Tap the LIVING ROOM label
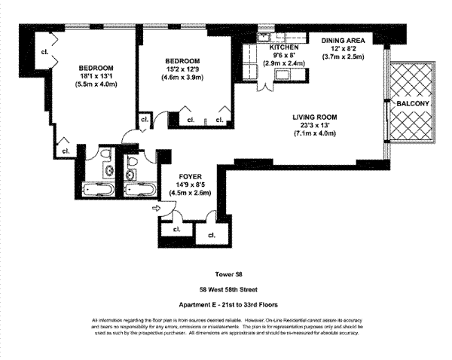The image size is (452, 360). [x=315, y=117]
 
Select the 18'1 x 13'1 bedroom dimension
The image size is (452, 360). [x=96, y=76]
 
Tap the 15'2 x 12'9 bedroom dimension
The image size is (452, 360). [x=183, y=70]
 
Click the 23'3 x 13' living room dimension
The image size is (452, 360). [x=315, y=126]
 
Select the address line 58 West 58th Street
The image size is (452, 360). [x=227, y=289]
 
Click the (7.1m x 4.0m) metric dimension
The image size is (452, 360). [x=315, y=134]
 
